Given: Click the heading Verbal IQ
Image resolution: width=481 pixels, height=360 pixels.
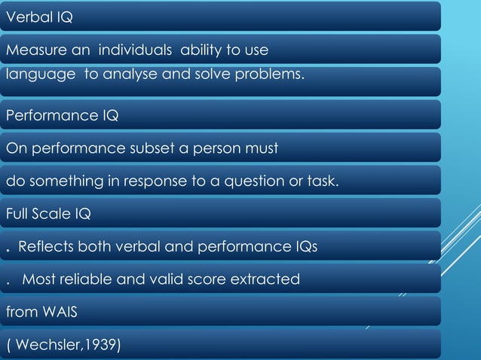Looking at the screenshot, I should (39, 17).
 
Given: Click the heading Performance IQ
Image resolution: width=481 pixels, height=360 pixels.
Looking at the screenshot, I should (62, 116).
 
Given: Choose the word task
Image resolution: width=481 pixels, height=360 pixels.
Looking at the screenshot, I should (341, 181).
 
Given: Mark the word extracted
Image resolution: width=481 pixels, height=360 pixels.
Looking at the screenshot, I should (269, 279).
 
